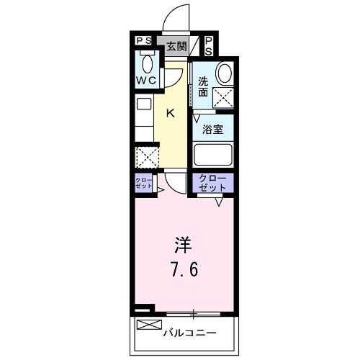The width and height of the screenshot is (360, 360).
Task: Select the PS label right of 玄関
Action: [208, 47]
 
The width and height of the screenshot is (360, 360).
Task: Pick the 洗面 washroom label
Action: [203, 87]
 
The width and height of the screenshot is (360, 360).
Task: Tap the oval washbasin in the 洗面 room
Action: [225, 73]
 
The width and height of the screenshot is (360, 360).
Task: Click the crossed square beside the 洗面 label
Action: [223, 97]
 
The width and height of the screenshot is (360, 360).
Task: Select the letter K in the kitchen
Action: [171, 112]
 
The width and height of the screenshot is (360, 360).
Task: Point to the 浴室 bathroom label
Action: [212, 130]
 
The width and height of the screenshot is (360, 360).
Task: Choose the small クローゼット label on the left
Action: [143, 183]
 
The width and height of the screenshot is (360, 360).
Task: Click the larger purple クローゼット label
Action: [212, 183]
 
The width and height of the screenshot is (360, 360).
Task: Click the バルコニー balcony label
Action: [189, 333]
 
